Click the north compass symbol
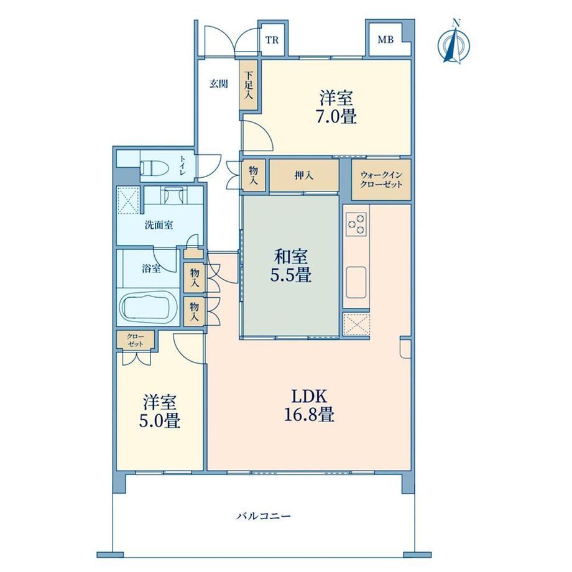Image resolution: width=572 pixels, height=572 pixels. pos(453,44)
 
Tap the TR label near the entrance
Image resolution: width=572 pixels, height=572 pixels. pos(272,40)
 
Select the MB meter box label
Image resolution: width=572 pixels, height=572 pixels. pos(385,39)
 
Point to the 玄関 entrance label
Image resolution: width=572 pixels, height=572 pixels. pos(218,83)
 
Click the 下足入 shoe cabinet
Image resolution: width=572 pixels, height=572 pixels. pos(249,85)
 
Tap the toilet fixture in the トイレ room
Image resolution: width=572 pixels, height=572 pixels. pos(154,168)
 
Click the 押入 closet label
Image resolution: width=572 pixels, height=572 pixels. pos(304,175)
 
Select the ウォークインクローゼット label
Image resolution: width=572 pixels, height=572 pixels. pos(381,179)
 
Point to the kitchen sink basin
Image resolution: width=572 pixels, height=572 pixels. pos(356,282)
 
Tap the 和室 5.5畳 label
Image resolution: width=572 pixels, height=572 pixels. pos(291,266)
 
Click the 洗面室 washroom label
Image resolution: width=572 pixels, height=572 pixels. pos(159,225)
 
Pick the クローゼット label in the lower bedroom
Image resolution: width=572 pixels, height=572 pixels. pos(136,340)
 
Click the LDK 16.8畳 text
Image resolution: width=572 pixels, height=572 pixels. pos(309,405)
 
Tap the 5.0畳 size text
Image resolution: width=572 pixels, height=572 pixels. pos(159,422)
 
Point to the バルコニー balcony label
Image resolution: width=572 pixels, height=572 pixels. pos(264,516)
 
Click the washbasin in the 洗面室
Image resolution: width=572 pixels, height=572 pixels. pos(173,195)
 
